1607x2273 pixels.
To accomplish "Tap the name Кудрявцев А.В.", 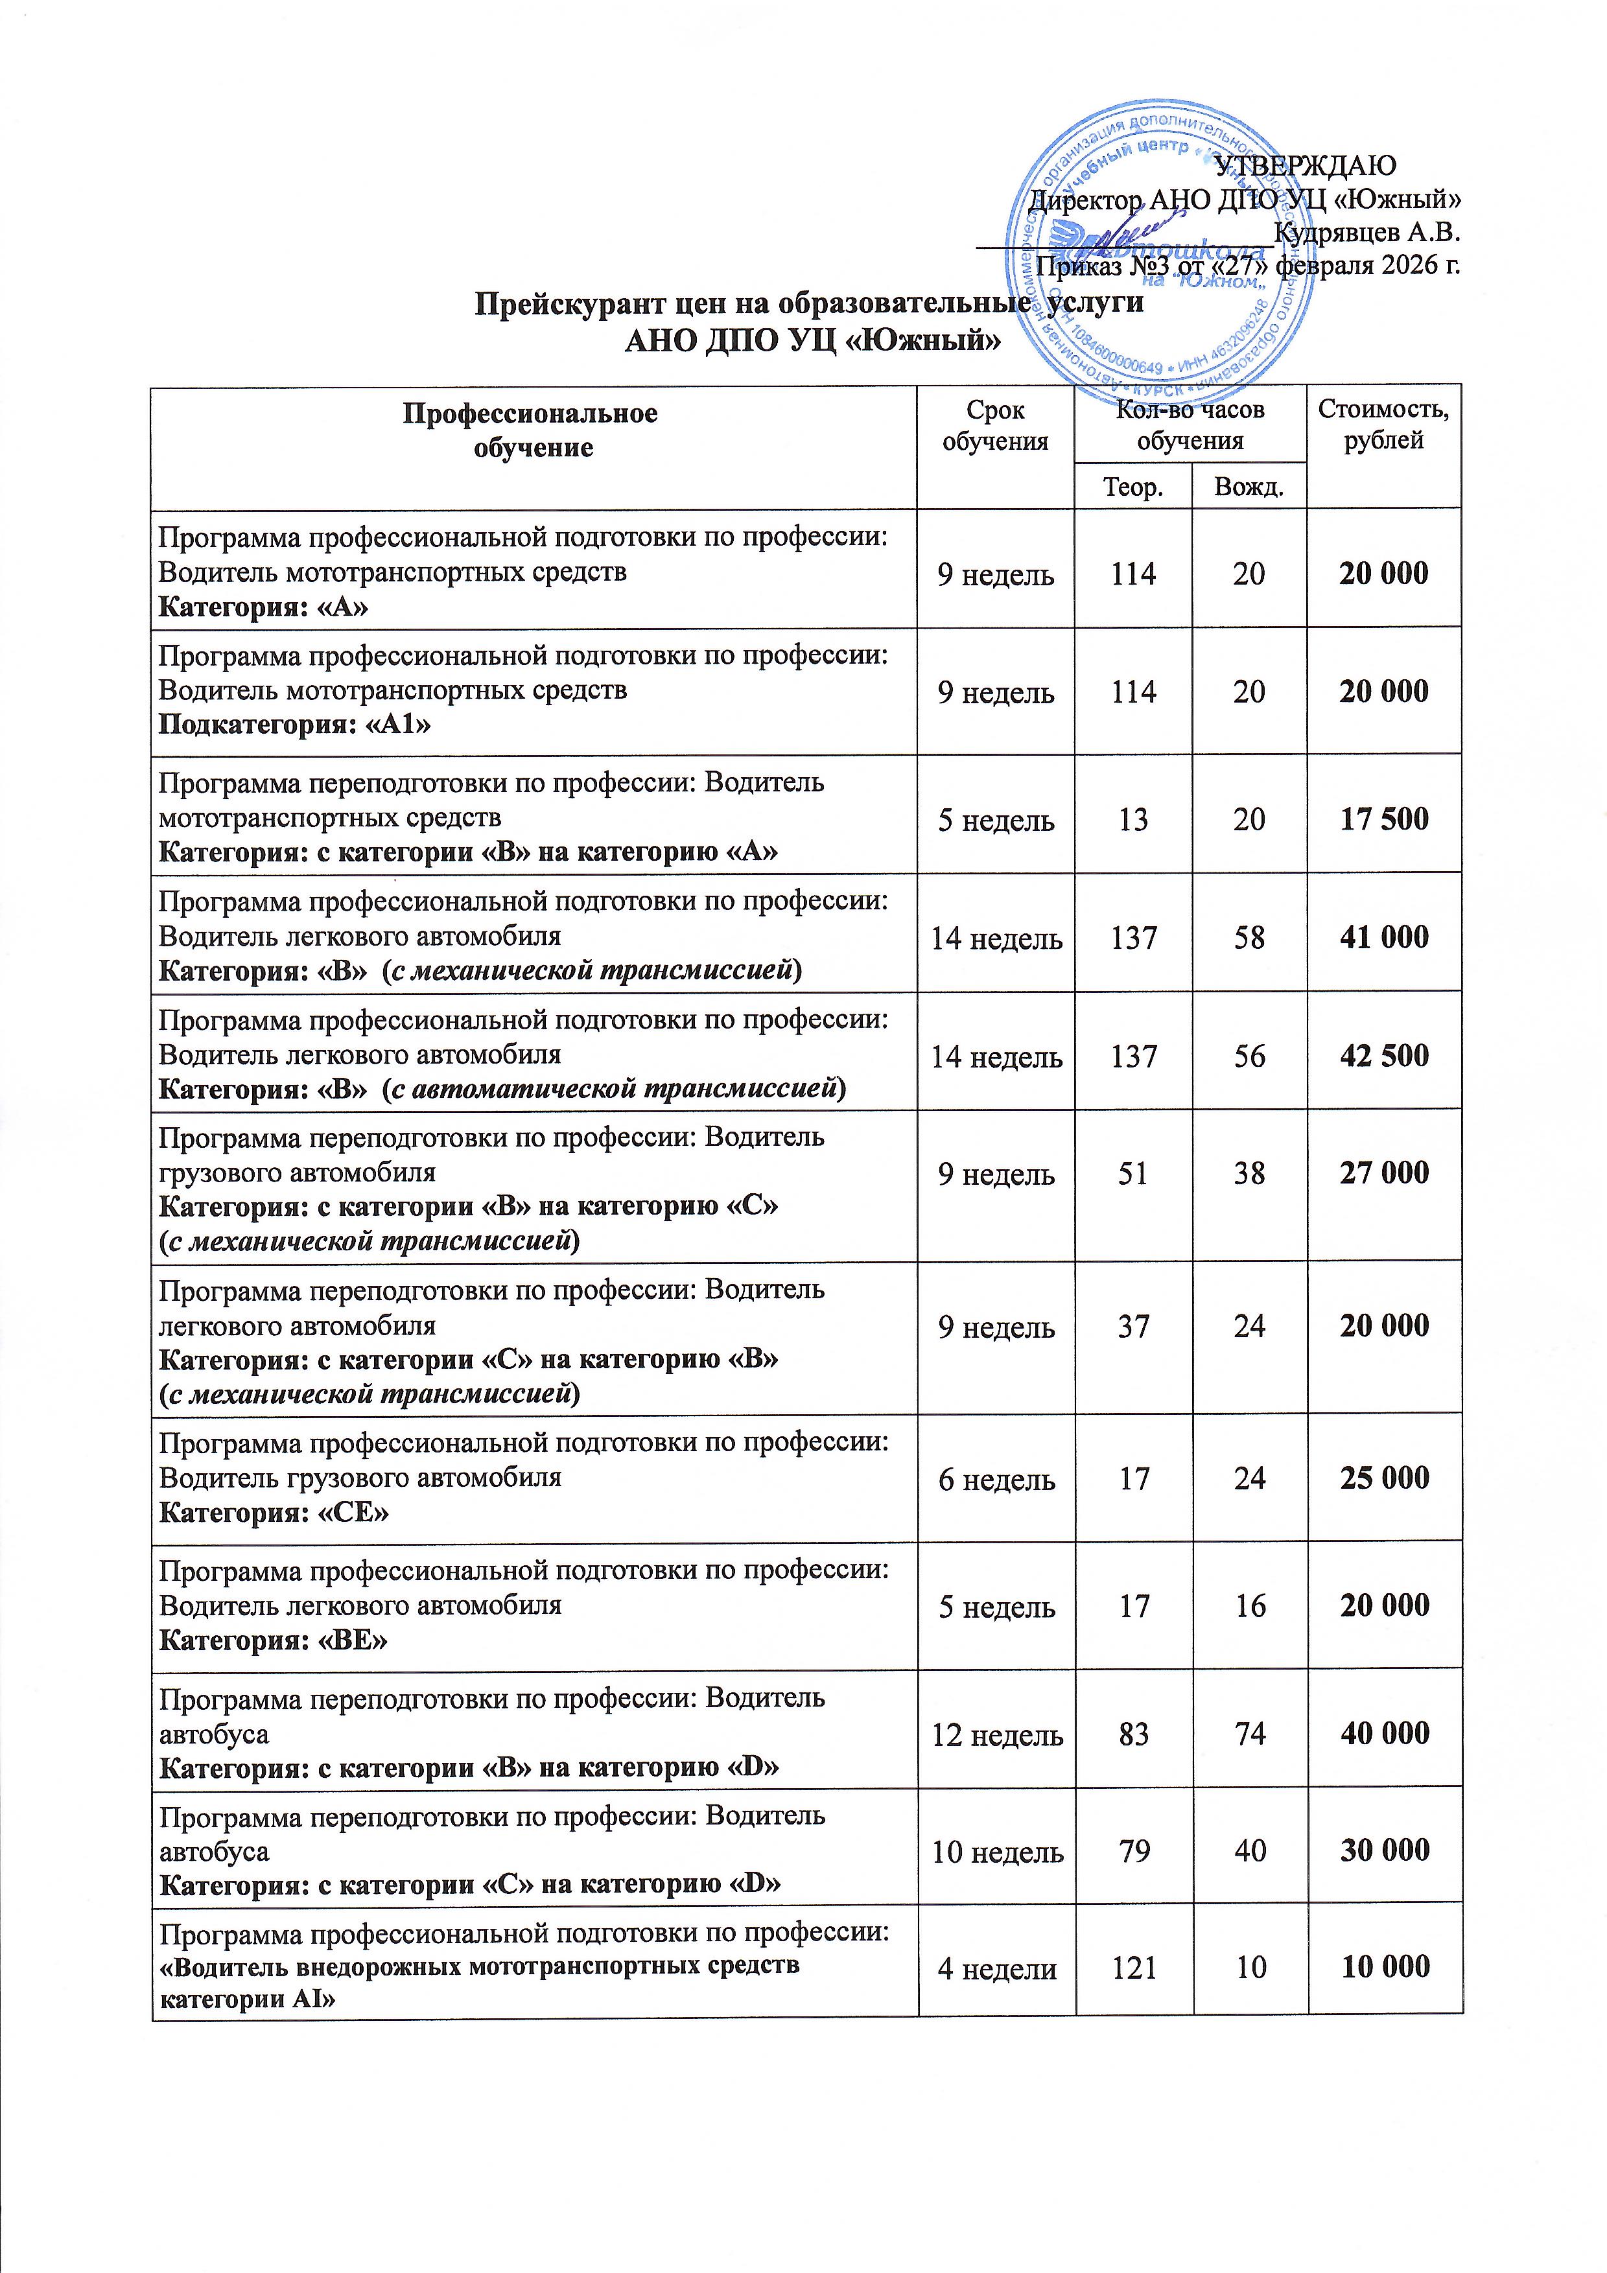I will tap(1367, 233).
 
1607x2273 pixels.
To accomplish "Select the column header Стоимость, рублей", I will tap(1383, 426).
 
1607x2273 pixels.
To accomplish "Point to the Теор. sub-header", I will tap(1132, 487).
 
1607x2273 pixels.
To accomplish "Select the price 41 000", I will tap(1383, 937).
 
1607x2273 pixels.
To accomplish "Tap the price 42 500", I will tap(1383, 1055).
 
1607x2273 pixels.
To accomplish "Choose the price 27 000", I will tap(1383, 1173).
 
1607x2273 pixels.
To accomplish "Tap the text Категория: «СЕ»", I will tap(274, 1513).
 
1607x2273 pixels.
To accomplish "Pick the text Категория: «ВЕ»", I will tap(274, 1640).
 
